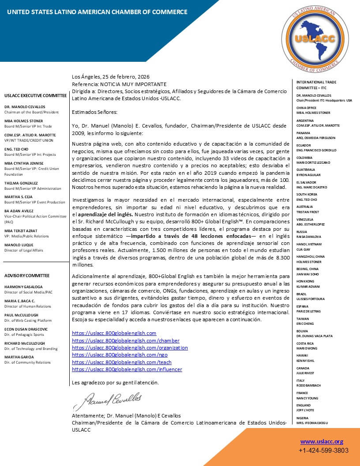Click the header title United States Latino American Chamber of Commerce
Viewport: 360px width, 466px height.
click(97, 12)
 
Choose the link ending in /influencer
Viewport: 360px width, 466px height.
click(127, 369)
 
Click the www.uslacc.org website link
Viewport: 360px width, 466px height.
click(322, 441)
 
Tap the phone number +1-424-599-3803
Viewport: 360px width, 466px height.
click(323, 451)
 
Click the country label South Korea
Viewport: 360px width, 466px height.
click(307, 194)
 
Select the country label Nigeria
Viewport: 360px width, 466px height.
click(302, 418)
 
